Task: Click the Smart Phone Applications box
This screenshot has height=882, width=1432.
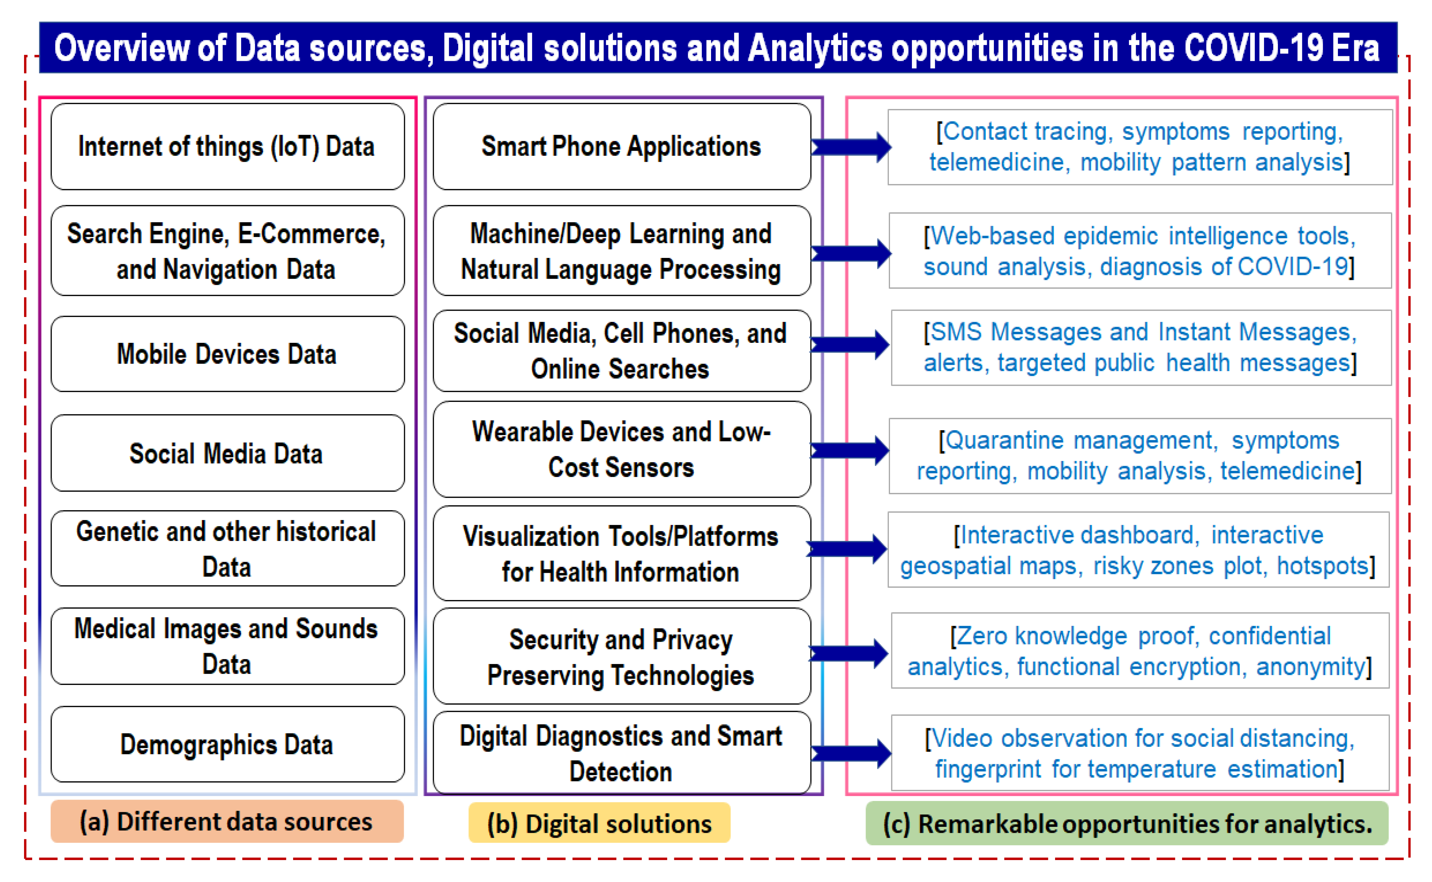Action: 622,146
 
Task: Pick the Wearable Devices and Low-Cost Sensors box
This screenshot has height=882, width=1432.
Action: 622,449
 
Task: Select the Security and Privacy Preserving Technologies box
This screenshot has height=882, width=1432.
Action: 622,656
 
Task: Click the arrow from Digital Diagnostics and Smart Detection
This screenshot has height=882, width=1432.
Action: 851,754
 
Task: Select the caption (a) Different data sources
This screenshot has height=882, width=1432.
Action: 227,822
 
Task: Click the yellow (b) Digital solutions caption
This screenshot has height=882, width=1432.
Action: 599,823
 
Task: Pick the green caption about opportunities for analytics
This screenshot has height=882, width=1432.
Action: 1127,823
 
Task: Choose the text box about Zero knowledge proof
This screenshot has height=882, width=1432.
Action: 1140,650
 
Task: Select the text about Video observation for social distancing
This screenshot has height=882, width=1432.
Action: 1140,754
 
